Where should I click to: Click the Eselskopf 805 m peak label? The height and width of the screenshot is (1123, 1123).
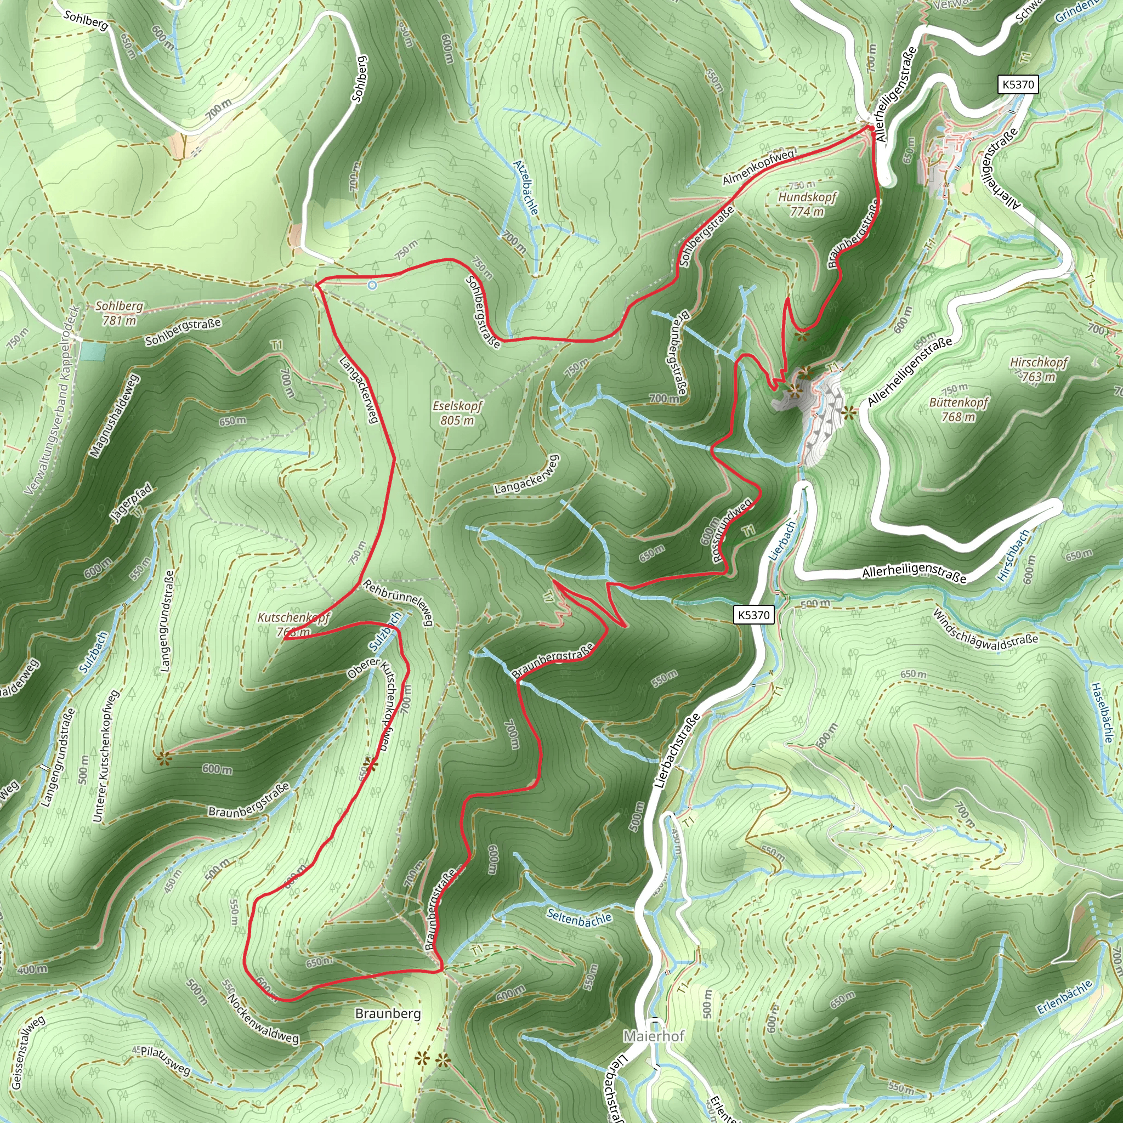(x=457, y=413)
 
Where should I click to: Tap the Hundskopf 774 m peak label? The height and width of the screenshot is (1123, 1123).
(x=807, y=204)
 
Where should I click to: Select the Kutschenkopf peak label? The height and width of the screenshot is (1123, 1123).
(x=293, y=624)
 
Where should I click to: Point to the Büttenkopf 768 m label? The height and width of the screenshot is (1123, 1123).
(x=958, y=409)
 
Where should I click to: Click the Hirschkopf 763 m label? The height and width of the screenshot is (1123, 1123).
(x=1039, y=369)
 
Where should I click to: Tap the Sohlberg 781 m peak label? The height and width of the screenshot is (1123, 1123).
(x=119, y=313)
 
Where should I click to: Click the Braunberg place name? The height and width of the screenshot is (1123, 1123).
(x=388, y=1014)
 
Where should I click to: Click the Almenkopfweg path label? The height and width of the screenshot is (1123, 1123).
(x=758, y=167)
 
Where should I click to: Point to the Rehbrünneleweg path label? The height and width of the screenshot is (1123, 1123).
(x=399, y=602)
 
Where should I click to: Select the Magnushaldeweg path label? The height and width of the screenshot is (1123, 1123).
(x=115, y=416)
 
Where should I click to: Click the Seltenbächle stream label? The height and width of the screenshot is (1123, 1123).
(x=579, y=918)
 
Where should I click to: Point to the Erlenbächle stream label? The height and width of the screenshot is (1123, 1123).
(x=1065, y=997)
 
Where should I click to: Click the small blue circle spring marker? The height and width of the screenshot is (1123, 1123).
(x=372, y=285)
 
